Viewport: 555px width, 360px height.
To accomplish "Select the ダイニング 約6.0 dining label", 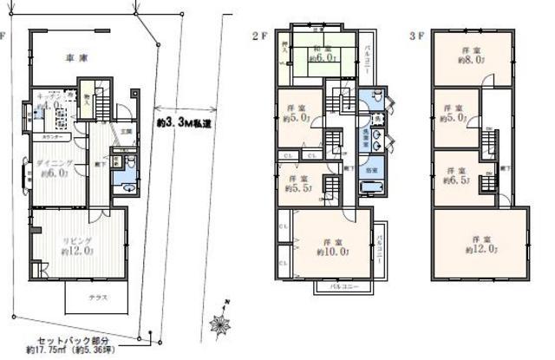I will (52, 168).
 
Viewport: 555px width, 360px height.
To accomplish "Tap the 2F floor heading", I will (257, 36).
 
